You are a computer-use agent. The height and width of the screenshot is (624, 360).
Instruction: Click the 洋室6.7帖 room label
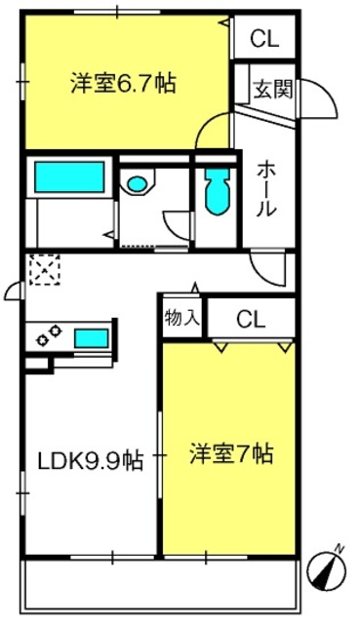click(124, 83)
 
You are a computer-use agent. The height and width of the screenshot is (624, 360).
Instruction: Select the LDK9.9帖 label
click(90, 460)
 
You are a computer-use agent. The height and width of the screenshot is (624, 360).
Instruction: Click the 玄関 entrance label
click(273, 89)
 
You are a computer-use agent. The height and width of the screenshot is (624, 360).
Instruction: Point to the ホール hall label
click(265, 190)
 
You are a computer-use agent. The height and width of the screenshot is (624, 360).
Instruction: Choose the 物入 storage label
click(181, 317)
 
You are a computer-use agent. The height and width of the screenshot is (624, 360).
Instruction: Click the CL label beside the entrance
click(264, 39)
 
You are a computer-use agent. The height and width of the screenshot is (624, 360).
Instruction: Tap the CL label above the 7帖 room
click(251, 319)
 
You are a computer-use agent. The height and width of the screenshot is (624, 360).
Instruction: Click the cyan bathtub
click(69, 177)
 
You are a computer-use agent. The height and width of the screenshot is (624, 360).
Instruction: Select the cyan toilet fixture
click(218, 191)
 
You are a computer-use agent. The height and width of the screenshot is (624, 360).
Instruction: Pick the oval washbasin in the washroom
click(137, 184)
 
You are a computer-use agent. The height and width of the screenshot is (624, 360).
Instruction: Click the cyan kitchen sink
click(92, 338)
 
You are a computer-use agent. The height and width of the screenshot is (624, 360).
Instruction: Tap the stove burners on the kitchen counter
click(49, 335)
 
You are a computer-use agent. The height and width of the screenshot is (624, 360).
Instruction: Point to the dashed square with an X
click(45, 269)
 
